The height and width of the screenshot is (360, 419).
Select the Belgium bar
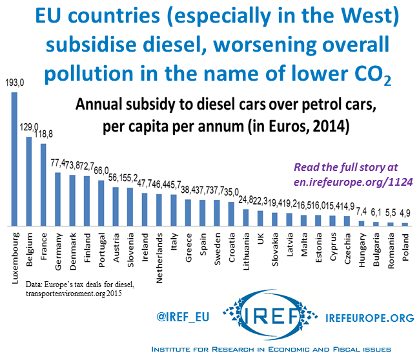coord(28,181)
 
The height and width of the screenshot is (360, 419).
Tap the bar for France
coord(43,185)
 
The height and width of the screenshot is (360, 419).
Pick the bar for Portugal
coord(101,203)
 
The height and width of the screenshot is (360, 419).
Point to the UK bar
coord(260,217)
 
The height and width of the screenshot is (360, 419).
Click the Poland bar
coord(405,224)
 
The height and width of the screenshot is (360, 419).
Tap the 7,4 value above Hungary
coord(362,212)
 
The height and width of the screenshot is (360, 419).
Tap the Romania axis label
coord(390,248)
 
